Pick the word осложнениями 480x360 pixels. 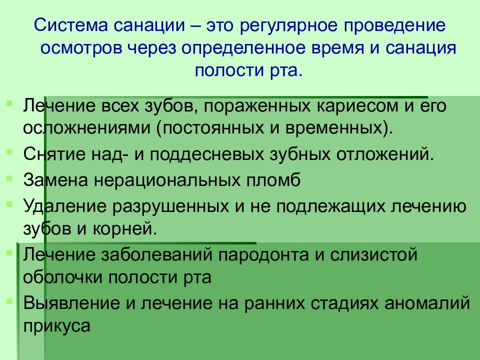click(85, 126)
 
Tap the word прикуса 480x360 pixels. click(56, 325)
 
